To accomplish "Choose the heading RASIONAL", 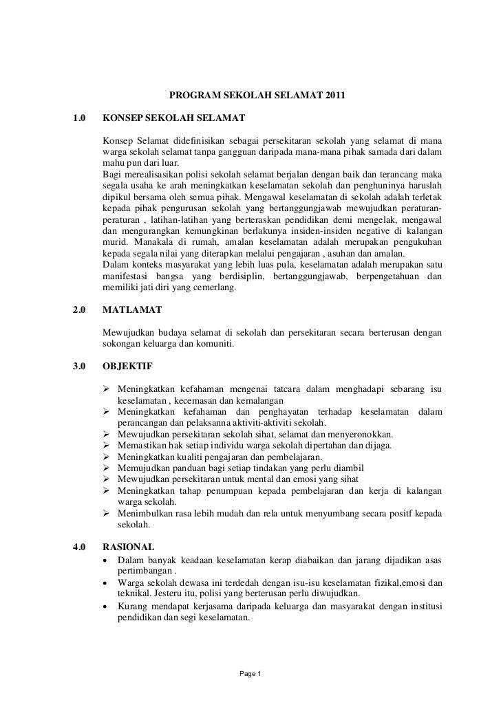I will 128,547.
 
